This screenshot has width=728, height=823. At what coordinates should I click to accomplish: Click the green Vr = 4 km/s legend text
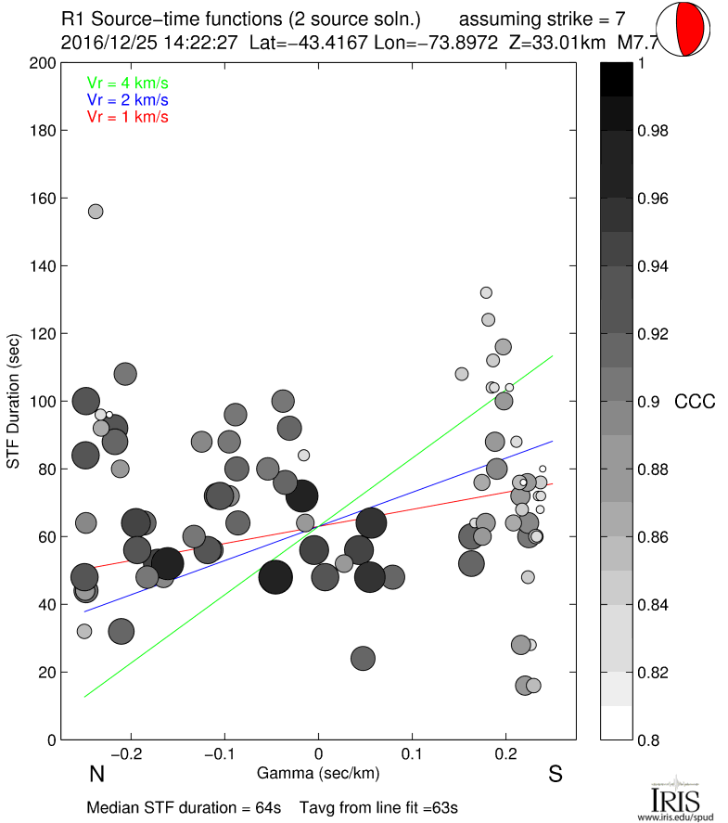128,83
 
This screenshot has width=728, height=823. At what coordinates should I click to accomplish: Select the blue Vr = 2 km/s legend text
128,99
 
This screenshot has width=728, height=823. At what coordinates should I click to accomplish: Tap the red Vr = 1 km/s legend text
128,117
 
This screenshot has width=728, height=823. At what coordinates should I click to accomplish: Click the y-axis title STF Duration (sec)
14,402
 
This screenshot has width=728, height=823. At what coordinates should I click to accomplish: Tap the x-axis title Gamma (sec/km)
318,772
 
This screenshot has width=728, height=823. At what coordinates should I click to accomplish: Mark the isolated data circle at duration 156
96,212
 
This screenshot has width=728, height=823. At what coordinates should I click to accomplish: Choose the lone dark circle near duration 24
363,659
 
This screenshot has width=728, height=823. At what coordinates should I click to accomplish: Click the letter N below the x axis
95,774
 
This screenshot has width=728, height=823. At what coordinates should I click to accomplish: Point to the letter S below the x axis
556,774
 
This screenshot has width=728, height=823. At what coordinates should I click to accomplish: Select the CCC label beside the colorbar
695,402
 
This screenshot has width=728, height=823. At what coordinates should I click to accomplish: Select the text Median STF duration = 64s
184,807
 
